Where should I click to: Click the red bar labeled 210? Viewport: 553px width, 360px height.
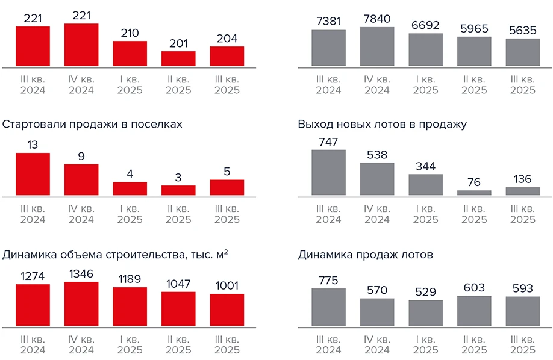tap(130, 54)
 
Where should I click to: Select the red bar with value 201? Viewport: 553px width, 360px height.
tap(178, 58)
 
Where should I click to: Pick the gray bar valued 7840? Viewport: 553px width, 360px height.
tap(376, 46)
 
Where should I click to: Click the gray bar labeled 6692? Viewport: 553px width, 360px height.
tap(425, 49)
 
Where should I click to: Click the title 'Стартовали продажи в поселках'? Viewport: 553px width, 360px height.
tap(92, 125)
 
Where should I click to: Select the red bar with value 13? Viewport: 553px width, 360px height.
tap(33, 174)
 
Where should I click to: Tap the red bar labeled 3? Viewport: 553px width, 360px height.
tap(178, 190)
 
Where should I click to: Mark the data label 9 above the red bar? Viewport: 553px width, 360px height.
tap(81, 156)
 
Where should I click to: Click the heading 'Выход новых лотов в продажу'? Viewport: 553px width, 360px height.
tap(382, 125)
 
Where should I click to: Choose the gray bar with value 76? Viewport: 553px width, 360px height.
tap(474, 193)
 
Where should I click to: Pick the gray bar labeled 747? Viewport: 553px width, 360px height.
tap(328, 172)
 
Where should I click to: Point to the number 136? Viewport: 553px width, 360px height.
tap(522, 179)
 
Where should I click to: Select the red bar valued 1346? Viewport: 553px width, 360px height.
tap(81, 304)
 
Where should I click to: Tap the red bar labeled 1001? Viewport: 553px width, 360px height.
tap(227, 310)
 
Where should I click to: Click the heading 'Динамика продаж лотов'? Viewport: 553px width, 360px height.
tap(365, 255)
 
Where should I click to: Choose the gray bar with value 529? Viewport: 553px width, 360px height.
tap(425, 313)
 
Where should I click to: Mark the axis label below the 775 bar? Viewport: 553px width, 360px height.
tap(328, 344)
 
